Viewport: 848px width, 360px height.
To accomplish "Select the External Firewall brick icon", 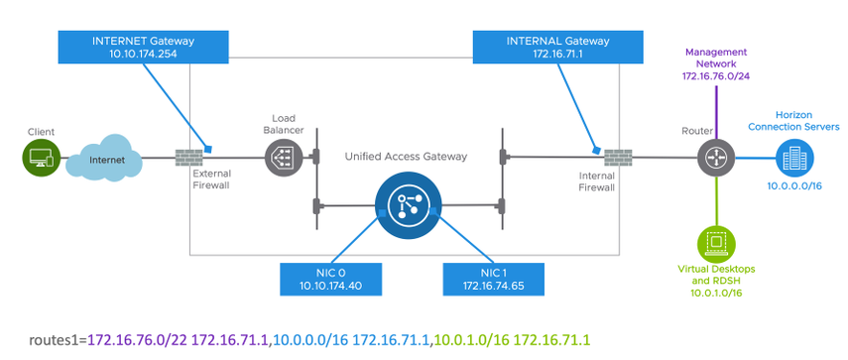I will (187, 156).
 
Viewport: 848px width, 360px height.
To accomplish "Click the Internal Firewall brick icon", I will (617, 157).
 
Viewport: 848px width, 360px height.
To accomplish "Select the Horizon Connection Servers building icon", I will (791, 157).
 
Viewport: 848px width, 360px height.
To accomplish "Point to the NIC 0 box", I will (331, 279).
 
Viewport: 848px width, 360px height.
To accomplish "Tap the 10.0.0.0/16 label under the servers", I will (791, 185).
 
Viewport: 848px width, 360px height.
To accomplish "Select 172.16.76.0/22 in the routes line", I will (135, 340).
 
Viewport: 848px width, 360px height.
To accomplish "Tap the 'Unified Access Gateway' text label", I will (407, 156).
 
